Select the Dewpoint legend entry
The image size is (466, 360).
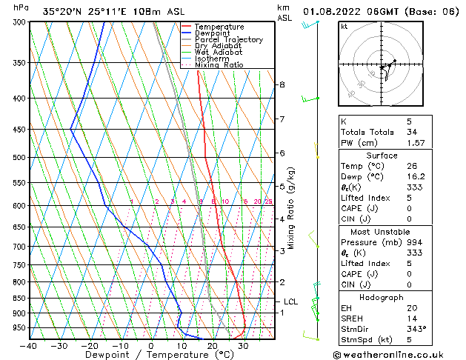tap(217, 33)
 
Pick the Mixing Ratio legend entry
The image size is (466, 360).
tap(219, 65)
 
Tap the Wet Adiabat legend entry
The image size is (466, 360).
tap(219, 52)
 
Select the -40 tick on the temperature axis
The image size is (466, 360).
tap(29, 346)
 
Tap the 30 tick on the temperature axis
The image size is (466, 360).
tap(242, 346)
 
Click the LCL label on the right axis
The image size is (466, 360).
tap(290, 301)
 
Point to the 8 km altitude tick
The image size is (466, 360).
tap(282, 84)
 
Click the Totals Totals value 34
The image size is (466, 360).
tap(412, 132)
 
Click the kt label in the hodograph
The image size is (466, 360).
tap(344, 27)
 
